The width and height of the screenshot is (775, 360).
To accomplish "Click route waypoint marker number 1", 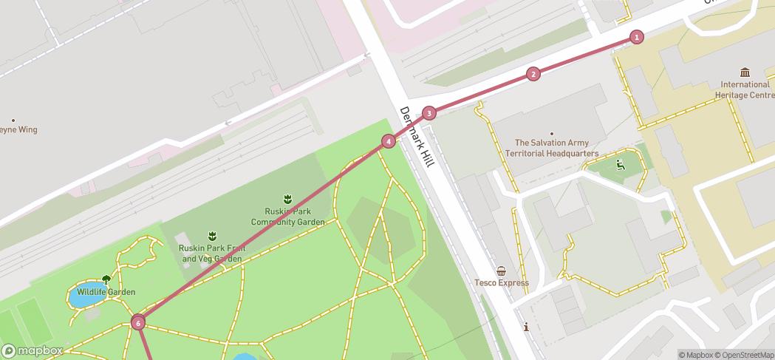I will coord(637,37).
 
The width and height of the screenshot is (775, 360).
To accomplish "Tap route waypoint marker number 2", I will coord(533,74).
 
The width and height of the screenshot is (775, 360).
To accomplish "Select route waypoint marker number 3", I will coord(429,113).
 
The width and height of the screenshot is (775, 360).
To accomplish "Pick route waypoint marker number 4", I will coord(389,141).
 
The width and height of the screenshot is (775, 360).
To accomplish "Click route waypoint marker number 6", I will coord(138,322).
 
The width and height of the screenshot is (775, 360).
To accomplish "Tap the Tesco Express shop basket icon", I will coord(502,271).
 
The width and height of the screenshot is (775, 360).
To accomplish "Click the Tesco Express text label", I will coord(502,282).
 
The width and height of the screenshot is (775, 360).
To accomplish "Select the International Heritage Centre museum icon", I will coord(745,72).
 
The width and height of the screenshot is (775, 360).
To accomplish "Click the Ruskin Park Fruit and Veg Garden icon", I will coord(212,236).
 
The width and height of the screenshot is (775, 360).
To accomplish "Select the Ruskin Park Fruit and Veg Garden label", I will coord(212,254).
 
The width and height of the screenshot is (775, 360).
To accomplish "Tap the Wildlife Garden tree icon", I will coord(106,279).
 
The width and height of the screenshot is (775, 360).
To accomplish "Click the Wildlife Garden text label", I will coord(106,292).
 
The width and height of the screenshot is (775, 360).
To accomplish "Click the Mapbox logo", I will coord(32,350).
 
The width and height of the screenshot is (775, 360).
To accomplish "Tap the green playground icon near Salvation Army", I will coord(619,164).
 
